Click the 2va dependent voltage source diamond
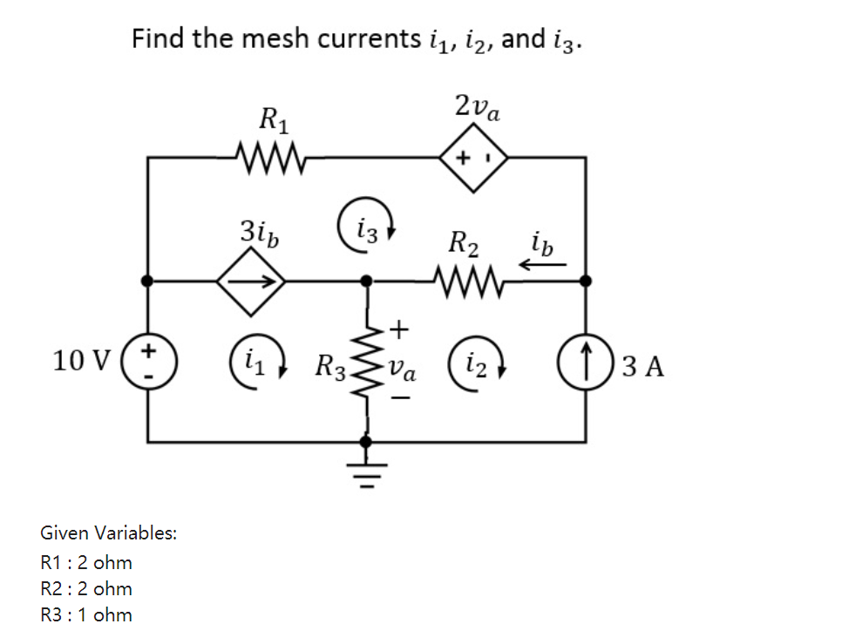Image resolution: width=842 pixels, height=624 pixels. tap(473, 158)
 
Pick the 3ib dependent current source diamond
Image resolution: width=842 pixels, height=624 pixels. tap(252, 281)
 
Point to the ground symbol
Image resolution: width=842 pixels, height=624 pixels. tap(367, 471)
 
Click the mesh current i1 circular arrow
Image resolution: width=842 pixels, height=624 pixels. tap(254, 361)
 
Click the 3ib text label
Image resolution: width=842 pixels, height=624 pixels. tap(260, 233)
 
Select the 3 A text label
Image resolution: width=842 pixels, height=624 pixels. tap(644, 365)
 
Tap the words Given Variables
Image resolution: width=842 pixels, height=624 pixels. tap(109, 532)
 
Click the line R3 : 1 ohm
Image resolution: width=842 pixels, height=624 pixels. tap(87, 614)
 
